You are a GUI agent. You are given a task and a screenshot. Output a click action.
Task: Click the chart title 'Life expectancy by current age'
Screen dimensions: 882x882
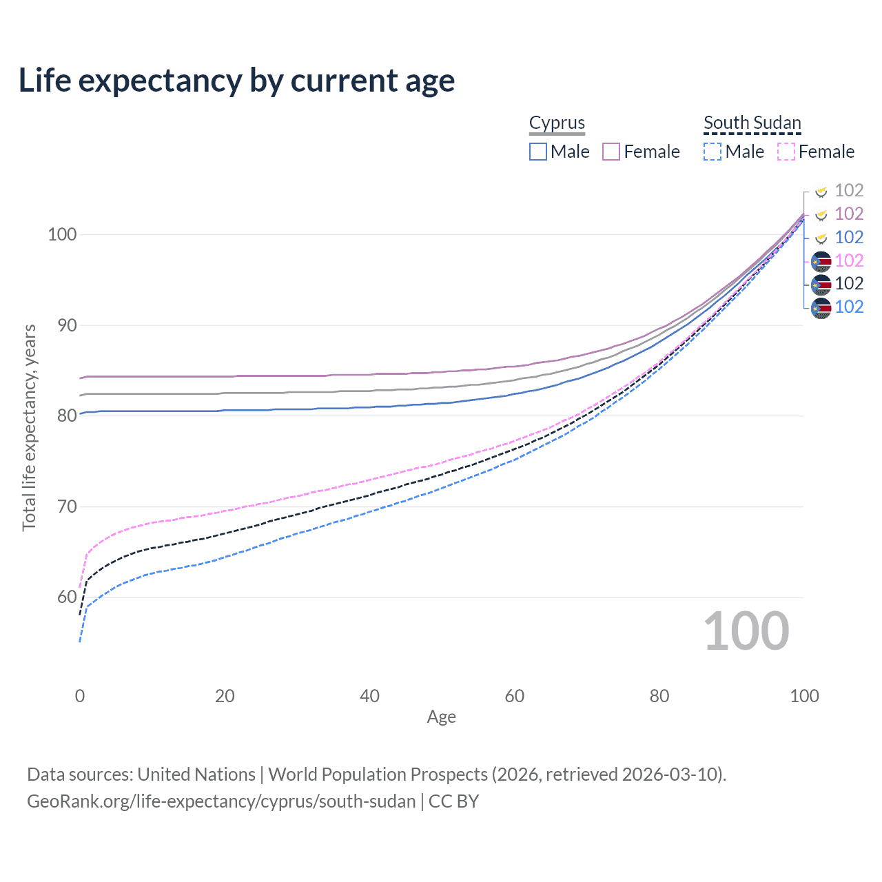click(x=236, y=81)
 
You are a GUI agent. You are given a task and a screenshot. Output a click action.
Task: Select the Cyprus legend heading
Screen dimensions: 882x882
click(x=557, y=123)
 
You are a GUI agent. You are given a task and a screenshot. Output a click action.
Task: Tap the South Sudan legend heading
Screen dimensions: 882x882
click(x=752, y=123)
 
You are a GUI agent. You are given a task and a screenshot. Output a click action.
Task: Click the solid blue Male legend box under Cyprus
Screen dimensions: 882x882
click(x=538, y=152)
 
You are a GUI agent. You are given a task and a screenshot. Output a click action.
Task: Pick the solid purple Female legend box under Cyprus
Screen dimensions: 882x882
click(x=611, y=152)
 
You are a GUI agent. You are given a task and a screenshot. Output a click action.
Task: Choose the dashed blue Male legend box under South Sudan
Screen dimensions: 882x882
click(x=712, y=152)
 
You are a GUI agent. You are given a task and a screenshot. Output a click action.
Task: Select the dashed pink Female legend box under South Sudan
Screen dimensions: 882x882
click(x=786, y=152)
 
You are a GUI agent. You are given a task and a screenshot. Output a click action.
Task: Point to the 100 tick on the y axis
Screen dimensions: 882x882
click(x=62, y=234)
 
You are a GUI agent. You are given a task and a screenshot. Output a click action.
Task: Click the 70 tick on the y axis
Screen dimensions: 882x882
click(x=67, y=506)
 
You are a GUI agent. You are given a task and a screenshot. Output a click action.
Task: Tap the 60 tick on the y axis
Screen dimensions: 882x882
click(x=67, y=597)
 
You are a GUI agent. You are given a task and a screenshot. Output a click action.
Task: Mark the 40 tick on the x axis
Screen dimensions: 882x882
click(x=369, y=696)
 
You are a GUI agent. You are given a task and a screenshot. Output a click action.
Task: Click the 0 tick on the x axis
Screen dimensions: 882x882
click(x=80, y=696)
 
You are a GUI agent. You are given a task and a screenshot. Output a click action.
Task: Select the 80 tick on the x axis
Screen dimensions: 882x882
click(x=659, y=696)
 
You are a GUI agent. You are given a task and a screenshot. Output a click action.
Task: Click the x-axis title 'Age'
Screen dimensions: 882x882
click(x=441, y=717)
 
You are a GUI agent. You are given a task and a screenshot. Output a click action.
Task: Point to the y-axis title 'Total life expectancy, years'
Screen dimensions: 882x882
click(x=29, y=427)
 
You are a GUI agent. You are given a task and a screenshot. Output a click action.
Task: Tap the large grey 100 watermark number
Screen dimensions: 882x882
click(x=746, y=631)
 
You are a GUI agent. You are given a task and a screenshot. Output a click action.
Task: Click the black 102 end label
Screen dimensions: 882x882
click(x=849, y=283)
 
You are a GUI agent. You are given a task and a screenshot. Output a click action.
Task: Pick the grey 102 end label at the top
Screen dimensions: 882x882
click(x=849, y=190)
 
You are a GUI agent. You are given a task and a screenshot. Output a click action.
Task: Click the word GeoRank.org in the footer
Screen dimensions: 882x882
click(x=72, y=801)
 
